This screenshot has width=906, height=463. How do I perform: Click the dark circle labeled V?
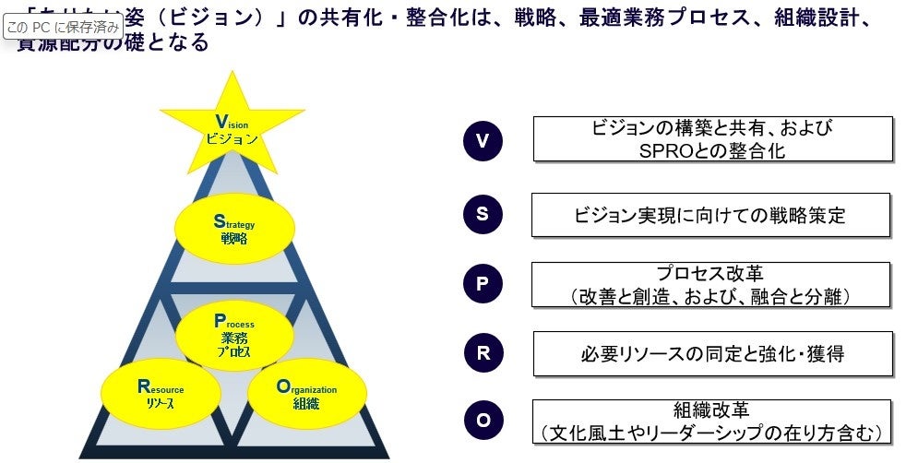coord(482,141)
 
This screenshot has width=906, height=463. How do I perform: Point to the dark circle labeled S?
coord(482,213)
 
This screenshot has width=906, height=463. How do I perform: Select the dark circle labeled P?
coord(482,283)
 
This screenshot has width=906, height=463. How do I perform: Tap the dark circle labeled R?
coord(482,353)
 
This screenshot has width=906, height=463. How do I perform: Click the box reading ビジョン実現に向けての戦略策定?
coord(709,215)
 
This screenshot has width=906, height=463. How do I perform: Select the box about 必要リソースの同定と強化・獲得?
coord(712,353)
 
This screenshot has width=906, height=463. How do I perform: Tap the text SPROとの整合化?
coord(712,150)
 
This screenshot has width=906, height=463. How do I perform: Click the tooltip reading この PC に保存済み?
coord(63,27)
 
